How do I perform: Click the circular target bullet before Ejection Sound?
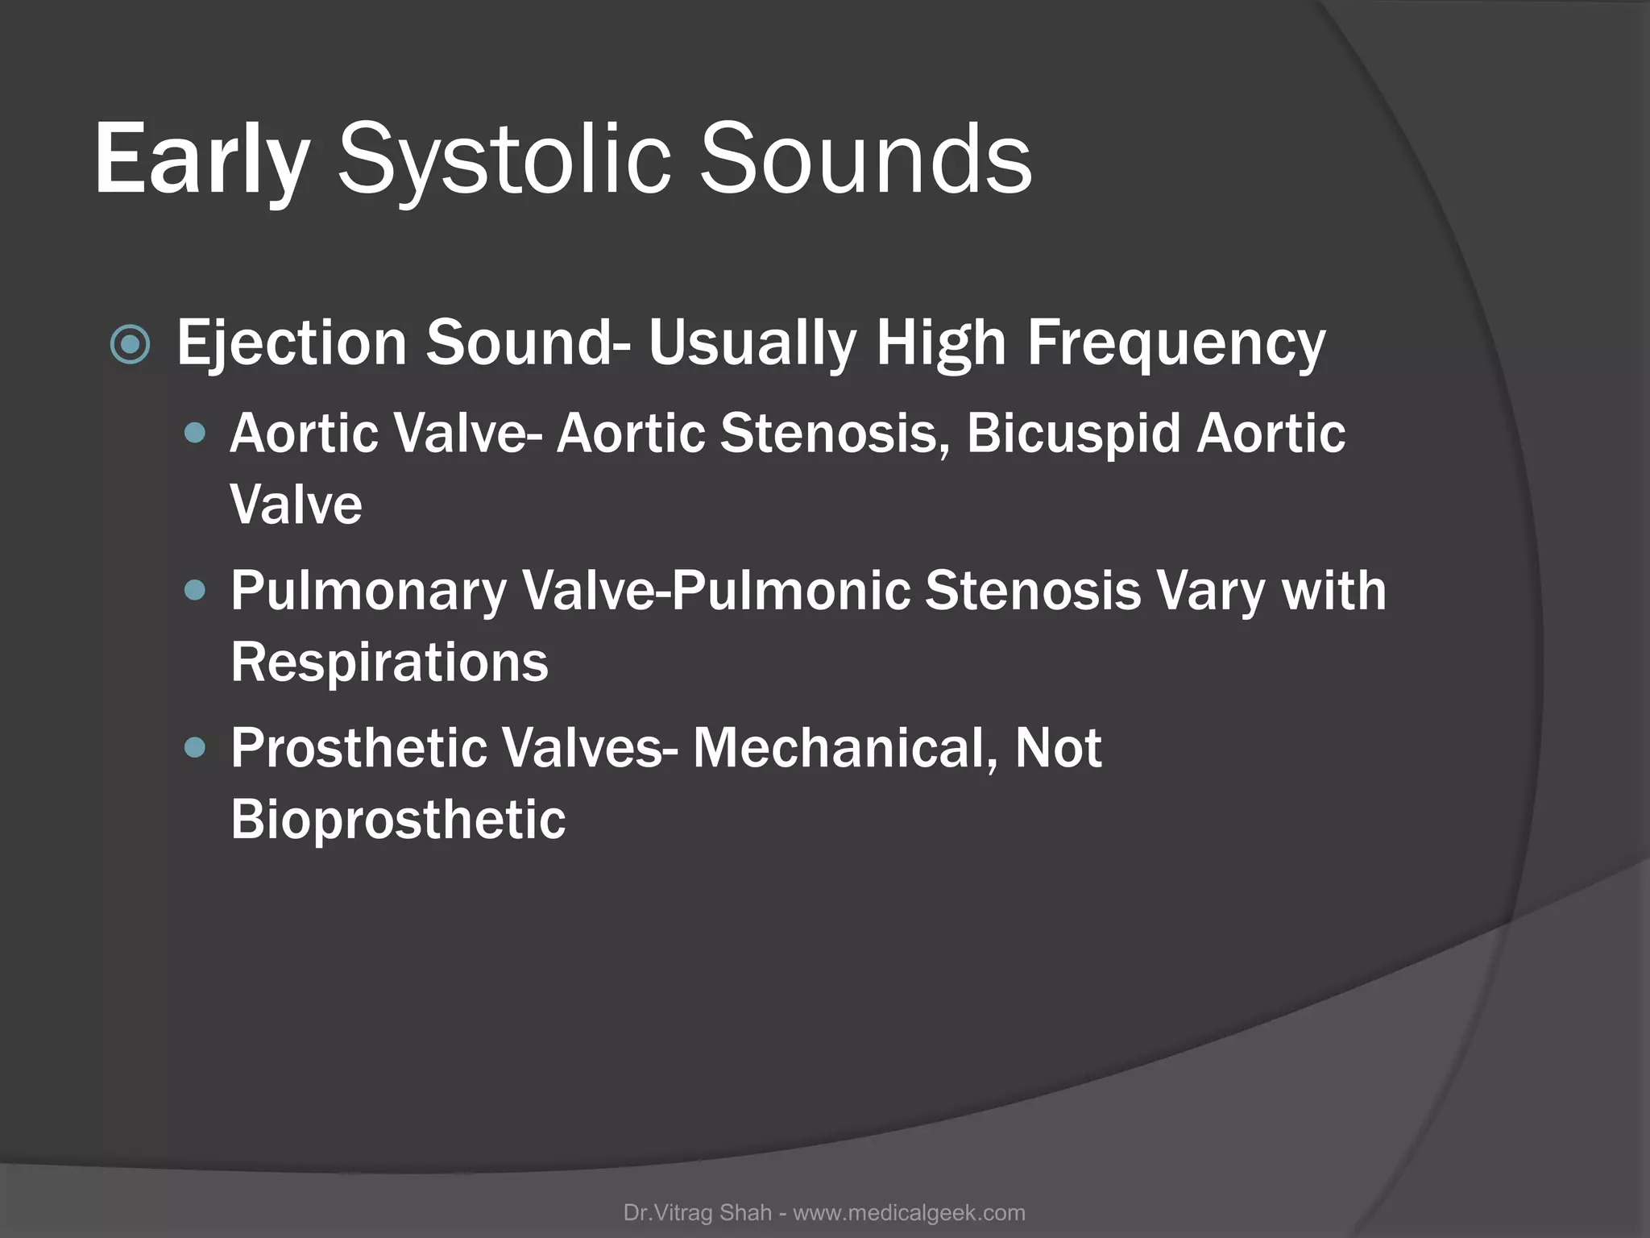click(x=130, y=345)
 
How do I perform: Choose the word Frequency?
click(x=1175, y=343)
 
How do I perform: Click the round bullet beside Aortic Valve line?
click(x=195, y=434)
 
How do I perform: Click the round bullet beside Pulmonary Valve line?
click(x=195, y=592)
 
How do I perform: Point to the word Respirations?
click(x=389, y=663)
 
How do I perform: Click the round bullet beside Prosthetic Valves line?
click(x=195, y=749)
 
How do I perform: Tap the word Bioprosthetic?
click(x=398, y=820)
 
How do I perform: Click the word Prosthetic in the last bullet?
click(x=359, y=748)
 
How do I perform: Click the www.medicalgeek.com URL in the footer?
click(x=909, y=1213)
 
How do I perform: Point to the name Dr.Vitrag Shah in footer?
click(x=697, y=1213)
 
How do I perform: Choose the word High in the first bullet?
click(x=941, y=343)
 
